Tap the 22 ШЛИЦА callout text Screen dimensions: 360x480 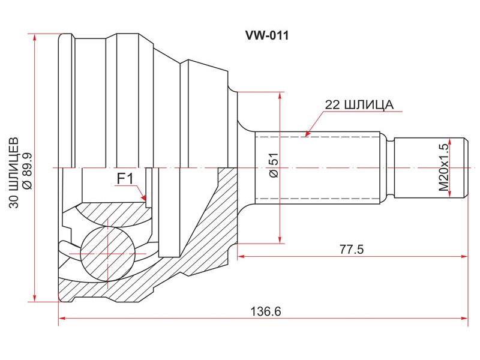point(359,104)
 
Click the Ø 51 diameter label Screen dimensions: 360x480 point(274,166)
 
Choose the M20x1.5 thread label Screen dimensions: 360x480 point(443,167)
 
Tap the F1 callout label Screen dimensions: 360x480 point(124,178)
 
